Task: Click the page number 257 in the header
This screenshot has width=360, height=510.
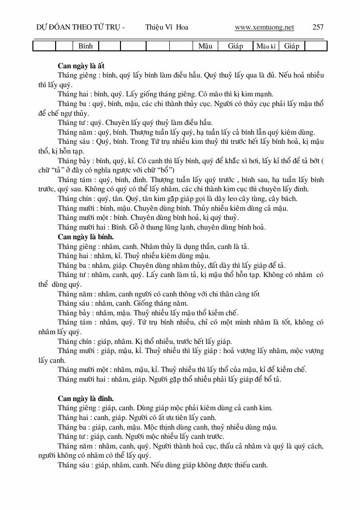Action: [318, 27]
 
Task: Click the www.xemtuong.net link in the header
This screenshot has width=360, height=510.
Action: [264, 27]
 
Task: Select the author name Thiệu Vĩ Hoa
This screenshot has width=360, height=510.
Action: [166, 27]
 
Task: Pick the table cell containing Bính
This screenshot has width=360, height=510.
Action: [85, 46]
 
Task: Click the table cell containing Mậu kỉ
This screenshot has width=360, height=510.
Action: [266, 46]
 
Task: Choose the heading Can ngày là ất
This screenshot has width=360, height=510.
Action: [81, 65]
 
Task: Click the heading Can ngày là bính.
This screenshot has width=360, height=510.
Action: [86, 237]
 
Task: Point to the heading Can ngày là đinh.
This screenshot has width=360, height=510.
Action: [86, 398]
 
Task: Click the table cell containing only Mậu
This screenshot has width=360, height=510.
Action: [205, 46]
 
